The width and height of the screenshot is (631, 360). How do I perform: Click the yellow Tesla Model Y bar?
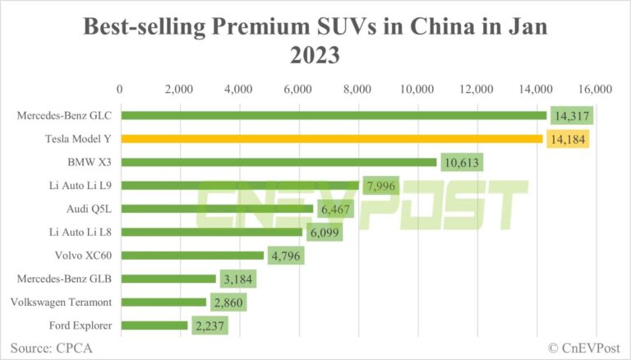(x=332, y=139)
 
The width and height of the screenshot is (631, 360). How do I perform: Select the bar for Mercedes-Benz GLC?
(x=334, y=115)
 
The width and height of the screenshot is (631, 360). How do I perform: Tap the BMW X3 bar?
(x=279, y=162)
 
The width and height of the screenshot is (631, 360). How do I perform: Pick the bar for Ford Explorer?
(x=154, y=325)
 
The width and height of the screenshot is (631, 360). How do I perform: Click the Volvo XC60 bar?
(x=192, y=256)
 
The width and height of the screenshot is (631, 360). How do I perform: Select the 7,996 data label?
(x=384, y=186)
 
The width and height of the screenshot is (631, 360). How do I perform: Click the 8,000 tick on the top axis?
(x=358, y=89)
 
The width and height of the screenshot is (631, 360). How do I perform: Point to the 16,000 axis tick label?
(x=596, y=89)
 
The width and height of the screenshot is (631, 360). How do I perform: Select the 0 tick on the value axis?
(x=121, y=89)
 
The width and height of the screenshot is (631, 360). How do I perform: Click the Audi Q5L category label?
(x=90, y=209)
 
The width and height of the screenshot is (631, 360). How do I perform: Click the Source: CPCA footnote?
(x=51, y=347)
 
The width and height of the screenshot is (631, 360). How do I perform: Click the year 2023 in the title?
(x=315, y=58)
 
